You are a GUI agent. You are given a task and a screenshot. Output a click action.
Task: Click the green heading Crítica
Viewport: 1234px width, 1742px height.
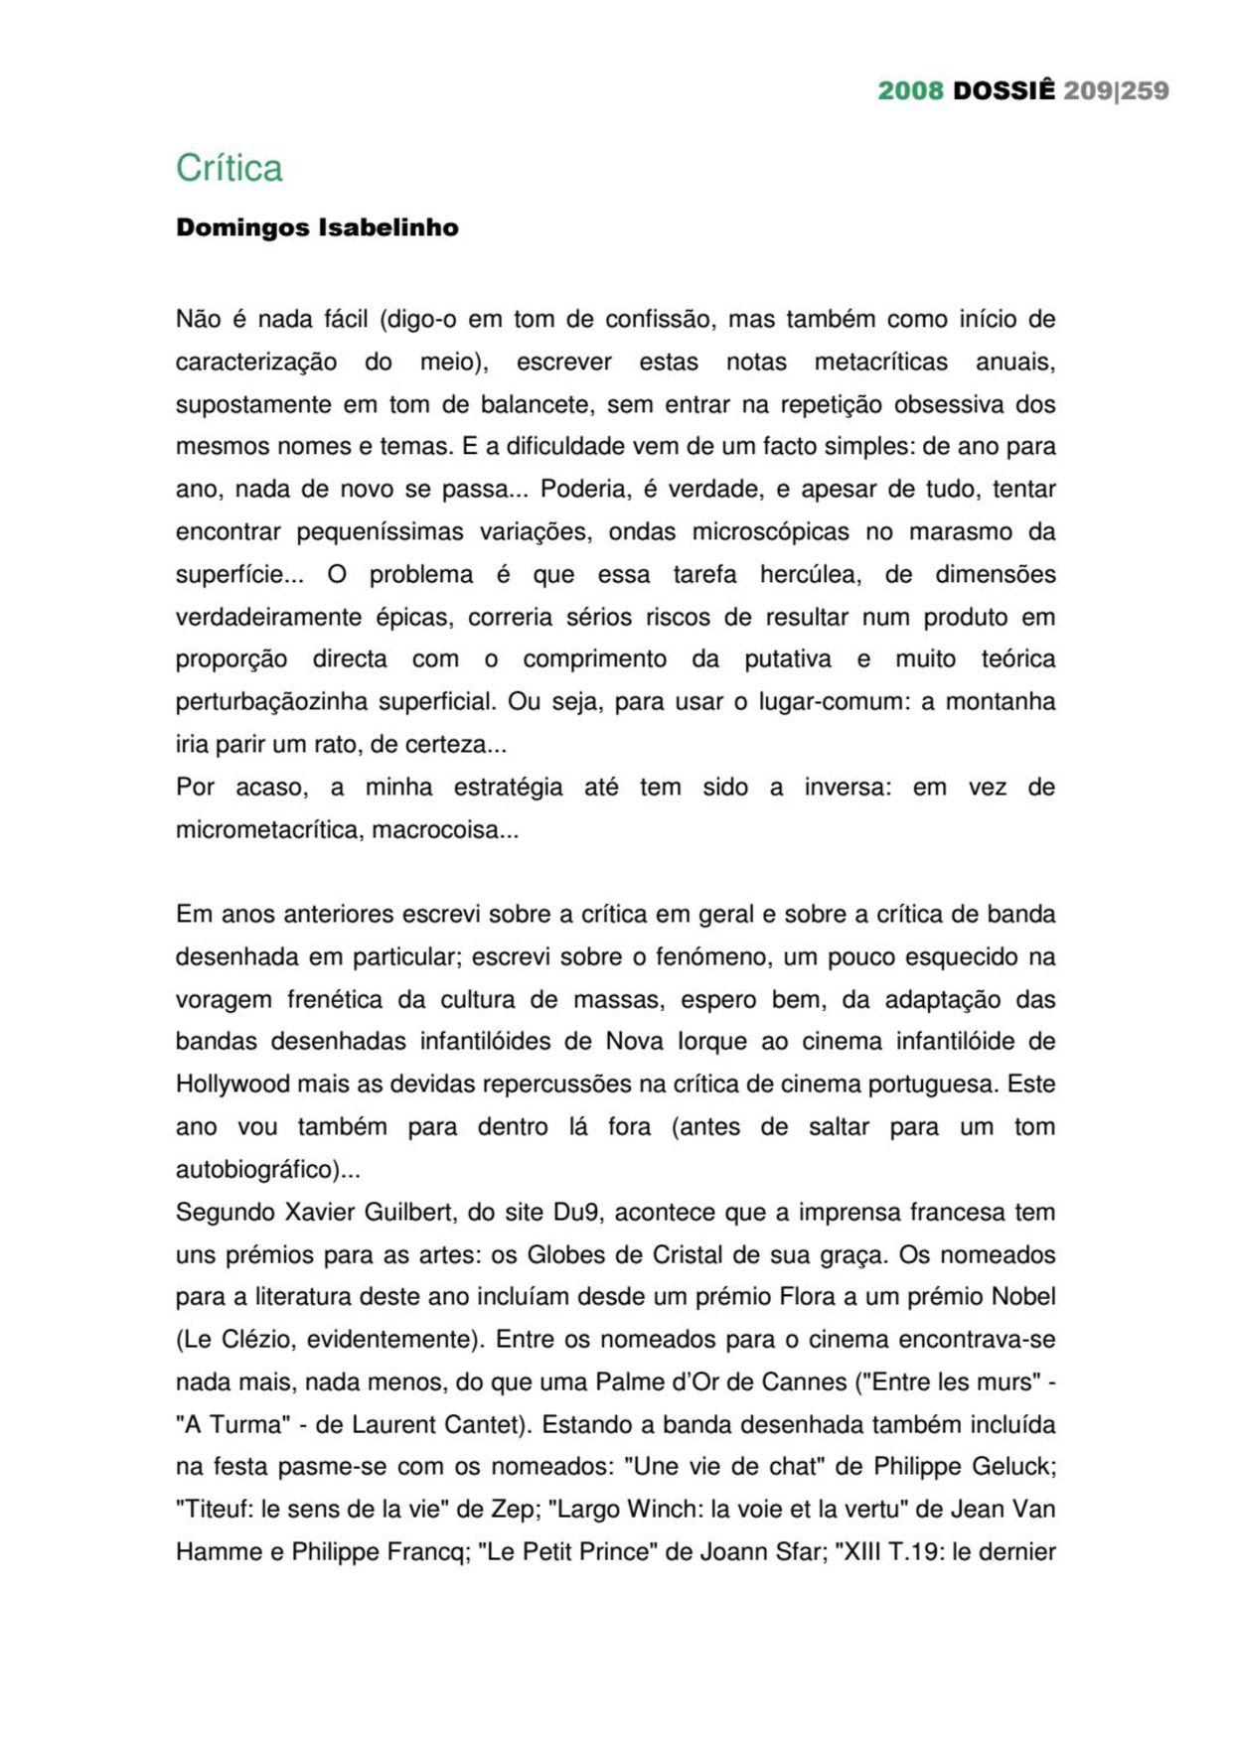pyautogui.click(x=230, y=168)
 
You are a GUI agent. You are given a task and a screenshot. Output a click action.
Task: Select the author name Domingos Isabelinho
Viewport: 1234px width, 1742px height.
pyautogui.click(x=317, y=227)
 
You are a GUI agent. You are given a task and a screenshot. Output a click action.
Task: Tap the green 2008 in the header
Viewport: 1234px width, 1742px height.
pyautogui.click(x=910, y=90)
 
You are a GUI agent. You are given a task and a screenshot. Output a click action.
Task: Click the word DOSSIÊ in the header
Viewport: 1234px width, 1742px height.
pyautogui.click(x=1003, y=90)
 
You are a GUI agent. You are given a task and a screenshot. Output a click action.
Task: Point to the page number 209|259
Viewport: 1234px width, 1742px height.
pyautogui.click(x=1116, y=90)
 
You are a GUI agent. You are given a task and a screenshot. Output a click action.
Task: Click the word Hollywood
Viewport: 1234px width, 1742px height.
pyautogui.click(x=232, y=1084)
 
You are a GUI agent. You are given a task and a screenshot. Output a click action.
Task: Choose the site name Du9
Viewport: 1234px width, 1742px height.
pyautogui.click(x=576, y=1212)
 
